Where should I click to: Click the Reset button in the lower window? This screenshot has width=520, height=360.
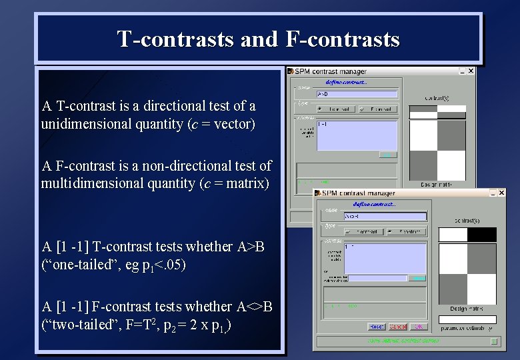(377, 327)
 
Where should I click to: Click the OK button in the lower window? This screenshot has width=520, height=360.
(418, 327)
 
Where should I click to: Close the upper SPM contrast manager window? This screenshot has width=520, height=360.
(471, 71)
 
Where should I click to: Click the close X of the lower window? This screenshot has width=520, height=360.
(501, 193)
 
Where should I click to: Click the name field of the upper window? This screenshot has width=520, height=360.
(357, 94)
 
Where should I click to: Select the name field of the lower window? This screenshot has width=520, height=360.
(385, 216)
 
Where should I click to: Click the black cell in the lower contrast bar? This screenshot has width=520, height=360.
(481, 235)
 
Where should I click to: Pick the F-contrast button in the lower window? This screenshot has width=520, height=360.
(407, 231)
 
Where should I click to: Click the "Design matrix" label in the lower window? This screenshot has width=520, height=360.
(467, 308)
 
